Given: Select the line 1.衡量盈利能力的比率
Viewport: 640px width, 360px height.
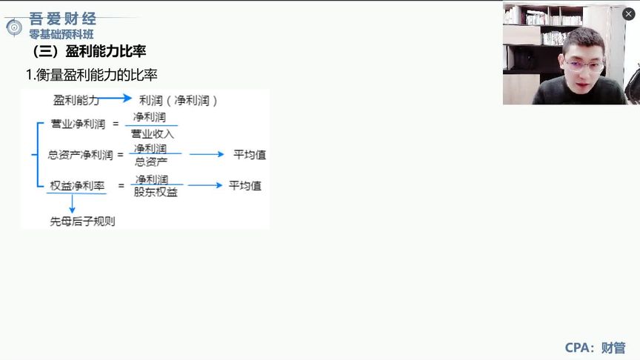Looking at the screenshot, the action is coord(91,75).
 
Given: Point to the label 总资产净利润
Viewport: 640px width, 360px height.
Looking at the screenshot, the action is coord(81,155).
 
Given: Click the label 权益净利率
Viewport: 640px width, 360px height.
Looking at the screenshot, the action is coord(78,185).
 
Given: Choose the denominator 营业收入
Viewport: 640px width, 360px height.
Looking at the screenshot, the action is coord(153,134).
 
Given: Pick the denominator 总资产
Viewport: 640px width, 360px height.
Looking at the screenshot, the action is coord(151,161).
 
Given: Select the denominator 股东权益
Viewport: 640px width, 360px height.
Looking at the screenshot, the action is coord(156,193).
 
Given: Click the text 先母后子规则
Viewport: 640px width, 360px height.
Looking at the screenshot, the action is coord(82,221).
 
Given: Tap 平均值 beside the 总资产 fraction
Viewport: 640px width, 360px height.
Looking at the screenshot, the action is coord(250,155).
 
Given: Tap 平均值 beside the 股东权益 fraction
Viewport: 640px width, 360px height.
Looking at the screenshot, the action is coord(245,185).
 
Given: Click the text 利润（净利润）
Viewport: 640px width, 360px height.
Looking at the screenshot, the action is coord(179,100).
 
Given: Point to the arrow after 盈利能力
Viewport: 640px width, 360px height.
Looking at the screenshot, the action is coord(116,98).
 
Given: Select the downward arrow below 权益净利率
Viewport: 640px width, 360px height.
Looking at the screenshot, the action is coord(72,204).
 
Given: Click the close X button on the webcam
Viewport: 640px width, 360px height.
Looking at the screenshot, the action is coord(628,13).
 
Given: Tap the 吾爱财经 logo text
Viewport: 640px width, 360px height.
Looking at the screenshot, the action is coord(63,19).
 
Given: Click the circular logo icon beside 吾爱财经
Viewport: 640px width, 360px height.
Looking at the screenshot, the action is coord(13,27).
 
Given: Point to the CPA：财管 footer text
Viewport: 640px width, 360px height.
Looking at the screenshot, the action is coord(595,347).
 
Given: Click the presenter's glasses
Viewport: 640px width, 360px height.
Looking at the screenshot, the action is coord(583,65).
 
